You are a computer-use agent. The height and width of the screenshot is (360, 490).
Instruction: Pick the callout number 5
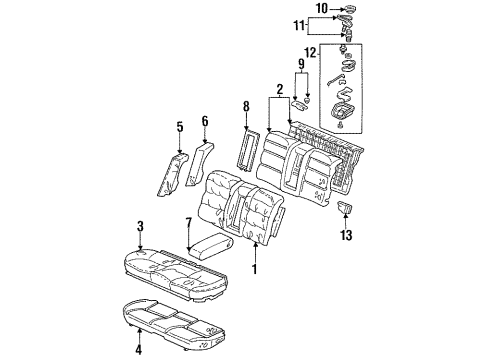180,127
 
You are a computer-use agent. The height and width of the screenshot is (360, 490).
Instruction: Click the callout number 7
188,222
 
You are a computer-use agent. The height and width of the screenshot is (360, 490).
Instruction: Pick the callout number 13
347,237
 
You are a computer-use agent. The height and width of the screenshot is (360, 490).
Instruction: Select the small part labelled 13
347,208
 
